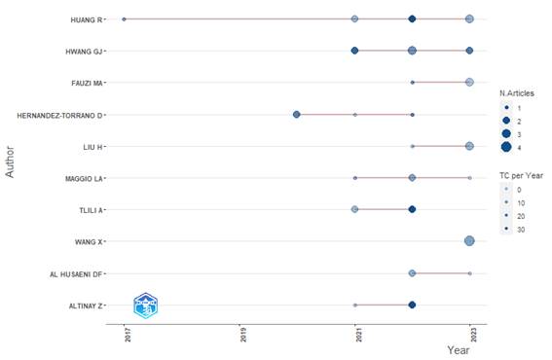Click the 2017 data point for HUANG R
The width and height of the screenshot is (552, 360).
coord(124,19)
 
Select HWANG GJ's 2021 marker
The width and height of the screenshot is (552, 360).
coord(354,51)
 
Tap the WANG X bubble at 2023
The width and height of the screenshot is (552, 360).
coord(469,241)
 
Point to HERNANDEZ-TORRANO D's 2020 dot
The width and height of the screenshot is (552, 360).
coord(296,115)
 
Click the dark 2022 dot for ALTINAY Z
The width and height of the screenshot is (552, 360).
coord(412,305)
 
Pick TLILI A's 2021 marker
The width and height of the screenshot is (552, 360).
coord(354,209)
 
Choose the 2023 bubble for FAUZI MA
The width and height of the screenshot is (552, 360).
coord(469,83)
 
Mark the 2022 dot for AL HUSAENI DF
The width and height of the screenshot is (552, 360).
coord(412,273)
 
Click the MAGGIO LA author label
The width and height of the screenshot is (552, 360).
coord(84,179)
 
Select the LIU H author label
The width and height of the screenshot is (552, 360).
coord(92,147)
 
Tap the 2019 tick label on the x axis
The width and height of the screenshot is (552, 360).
coord(243,335)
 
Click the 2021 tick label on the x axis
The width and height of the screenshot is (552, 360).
coord(358,335)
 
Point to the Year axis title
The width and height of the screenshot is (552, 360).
coord(458,350)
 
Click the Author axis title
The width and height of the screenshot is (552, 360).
coord(10,162)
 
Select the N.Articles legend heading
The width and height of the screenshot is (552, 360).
coord(516,93)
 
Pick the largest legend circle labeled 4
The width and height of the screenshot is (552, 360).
coord(506,147)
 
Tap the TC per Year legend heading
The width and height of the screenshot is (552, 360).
coord(521,175)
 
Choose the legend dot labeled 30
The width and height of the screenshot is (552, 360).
coord(506,229)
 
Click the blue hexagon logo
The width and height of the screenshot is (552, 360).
coord(146,306)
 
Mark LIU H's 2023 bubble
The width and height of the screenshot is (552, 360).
coord(469,146)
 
